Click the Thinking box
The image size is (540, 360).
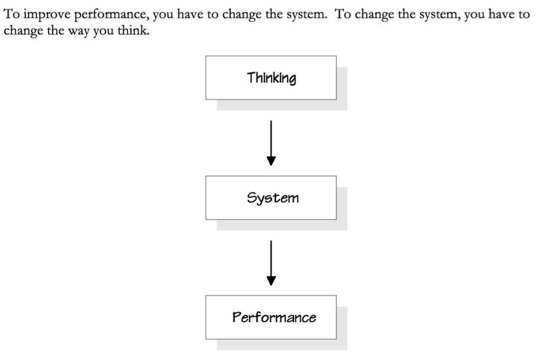(271, 78)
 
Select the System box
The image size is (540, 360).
(271, 198)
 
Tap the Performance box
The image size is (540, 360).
(271, 317)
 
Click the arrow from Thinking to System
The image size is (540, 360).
(271, 143)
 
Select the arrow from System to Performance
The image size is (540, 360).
(271, 263)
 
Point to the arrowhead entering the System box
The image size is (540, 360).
(271, 161)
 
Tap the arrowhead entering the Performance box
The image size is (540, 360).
(271, 281)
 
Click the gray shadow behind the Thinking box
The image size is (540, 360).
(342, 105)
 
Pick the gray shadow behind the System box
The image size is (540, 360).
(342, 225)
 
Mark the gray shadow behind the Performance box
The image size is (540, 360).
(342, 345)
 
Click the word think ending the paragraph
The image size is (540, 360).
(133, 30)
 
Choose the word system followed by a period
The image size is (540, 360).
(306, 15)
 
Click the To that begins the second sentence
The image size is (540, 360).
(343, 14)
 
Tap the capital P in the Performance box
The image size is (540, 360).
(236, 317)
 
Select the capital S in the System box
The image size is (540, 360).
(252, 197)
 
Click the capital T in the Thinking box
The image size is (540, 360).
(251, 77)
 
